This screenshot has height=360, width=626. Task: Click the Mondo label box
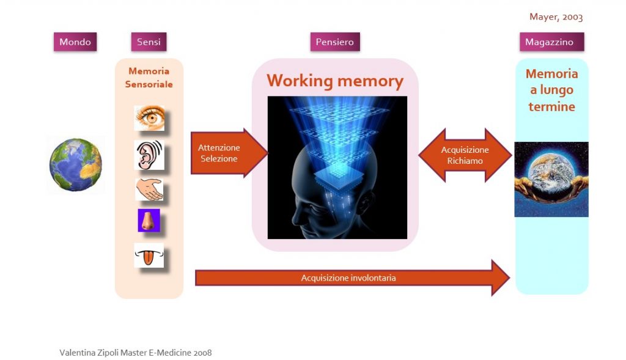click(75, 42)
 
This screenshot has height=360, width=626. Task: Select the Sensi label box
click(149, 42)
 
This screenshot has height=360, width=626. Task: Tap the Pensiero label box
click(335, 42)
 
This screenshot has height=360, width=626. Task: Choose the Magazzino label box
click(552, 42)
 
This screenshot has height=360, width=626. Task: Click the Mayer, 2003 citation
click(556, 17)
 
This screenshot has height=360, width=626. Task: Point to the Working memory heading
click(335, 81)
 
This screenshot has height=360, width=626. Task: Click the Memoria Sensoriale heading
click(149, 78)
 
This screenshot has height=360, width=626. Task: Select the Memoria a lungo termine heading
click(552, 90)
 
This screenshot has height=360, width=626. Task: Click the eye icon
click(149, 118)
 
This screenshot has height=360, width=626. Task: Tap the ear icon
click(149, 155)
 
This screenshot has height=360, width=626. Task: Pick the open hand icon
click(149, 189)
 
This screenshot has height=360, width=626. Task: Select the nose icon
click(149, 220)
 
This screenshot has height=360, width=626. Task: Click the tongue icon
click(149, 255)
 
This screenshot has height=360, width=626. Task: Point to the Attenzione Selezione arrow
click(229, 153)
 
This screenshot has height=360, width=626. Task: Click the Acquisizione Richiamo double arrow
click(465, 155)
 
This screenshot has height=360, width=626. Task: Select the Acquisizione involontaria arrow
click(352, 277)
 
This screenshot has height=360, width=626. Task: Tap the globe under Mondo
click(75, 164)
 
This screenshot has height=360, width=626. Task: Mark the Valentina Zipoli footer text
click(135, 353)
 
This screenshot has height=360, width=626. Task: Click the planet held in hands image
click(551, 179)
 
